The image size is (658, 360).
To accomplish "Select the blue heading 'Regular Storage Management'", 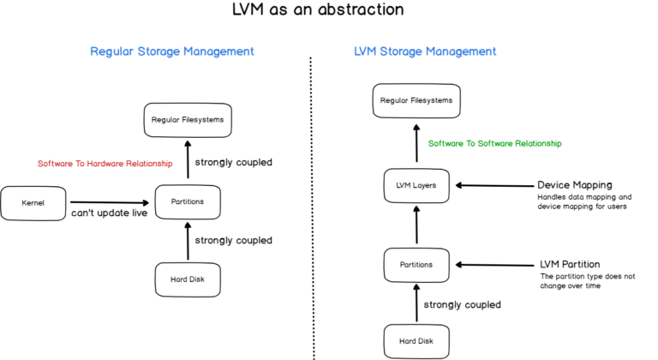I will click(x=172, y=51).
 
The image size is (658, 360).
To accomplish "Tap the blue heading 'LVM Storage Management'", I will click(x=425, y=51).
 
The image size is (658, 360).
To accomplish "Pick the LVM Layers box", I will click(x=416, y=184).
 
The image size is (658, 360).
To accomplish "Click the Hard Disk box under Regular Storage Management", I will click(x=187, y=279).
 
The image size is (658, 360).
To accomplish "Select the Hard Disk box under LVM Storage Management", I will click(x=416, y=341).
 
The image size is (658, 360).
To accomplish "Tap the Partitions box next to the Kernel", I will click(x=187, y=201).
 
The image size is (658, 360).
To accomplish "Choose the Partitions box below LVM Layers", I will click(x=416, y=264).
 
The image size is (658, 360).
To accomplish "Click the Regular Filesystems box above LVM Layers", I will click(x=416, y=100).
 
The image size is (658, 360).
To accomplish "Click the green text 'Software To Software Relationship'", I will click(x=494, y=143).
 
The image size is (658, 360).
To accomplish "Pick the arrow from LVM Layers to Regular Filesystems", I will click(x=416, y=143).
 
